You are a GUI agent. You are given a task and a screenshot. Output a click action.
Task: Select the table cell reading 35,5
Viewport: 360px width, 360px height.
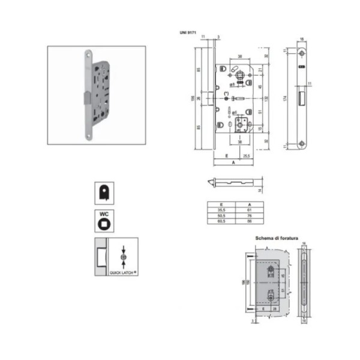coord(221,210)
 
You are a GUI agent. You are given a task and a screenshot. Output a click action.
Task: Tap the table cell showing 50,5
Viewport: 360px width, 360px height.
coord(221,215)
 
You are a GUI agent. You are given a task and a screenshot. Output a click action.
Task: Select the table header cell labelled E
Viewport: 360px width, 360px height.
coord(221,205)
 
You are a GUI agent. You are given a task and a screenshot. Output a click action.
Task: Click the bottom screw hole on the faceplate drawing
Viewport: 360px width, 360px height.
coord(301,142)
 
